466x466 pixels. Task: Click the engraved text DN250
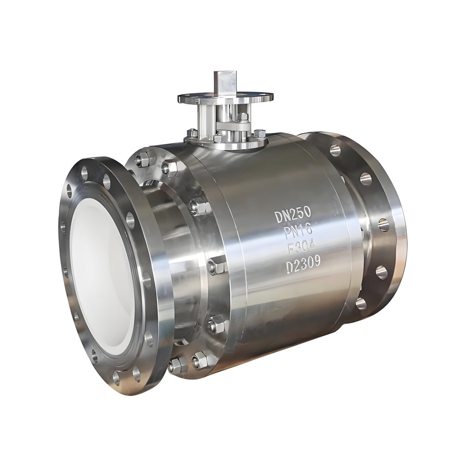(292, 216)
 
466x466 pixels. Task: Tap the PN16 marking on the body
(298, 231)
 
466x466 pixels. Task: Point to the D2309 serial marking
(303, 264)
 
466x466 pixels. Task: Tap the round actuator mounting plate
(225, 98)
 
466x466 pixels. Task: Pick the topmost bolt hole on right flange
(335, 150)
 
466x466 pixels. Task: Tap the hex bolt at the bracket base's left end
(192, 133)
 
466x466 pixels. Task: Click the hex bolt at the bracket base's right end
(260, 134)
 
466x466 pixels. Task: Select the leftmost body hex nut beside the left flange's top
(143, 160)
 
